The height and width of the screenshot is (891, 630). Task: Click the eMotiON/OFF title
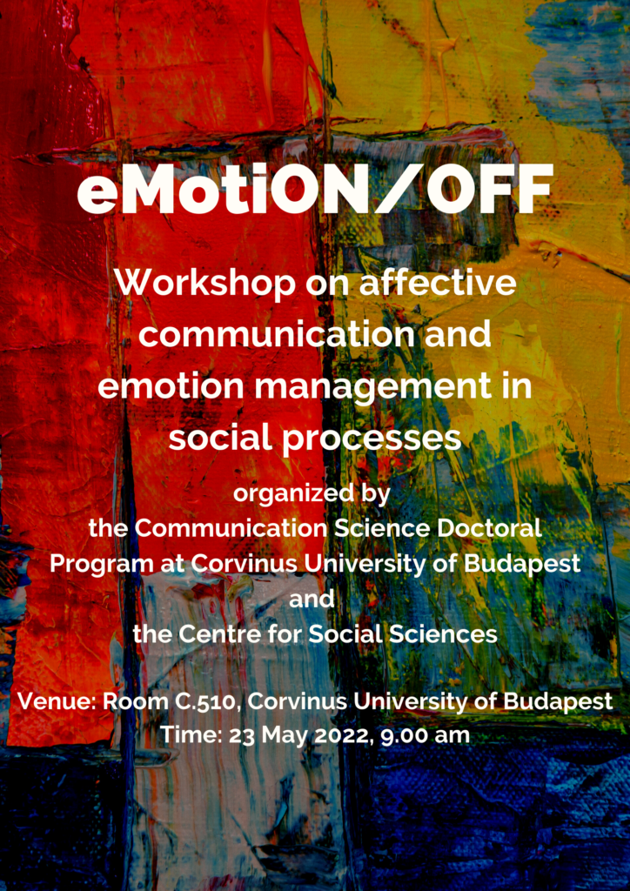tap(315, 189)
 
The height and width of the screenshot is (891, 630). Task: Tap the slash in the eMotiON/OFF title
tap(399, 189)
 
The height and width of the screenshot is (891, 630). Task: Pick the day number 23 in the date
tap(241, 736)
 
